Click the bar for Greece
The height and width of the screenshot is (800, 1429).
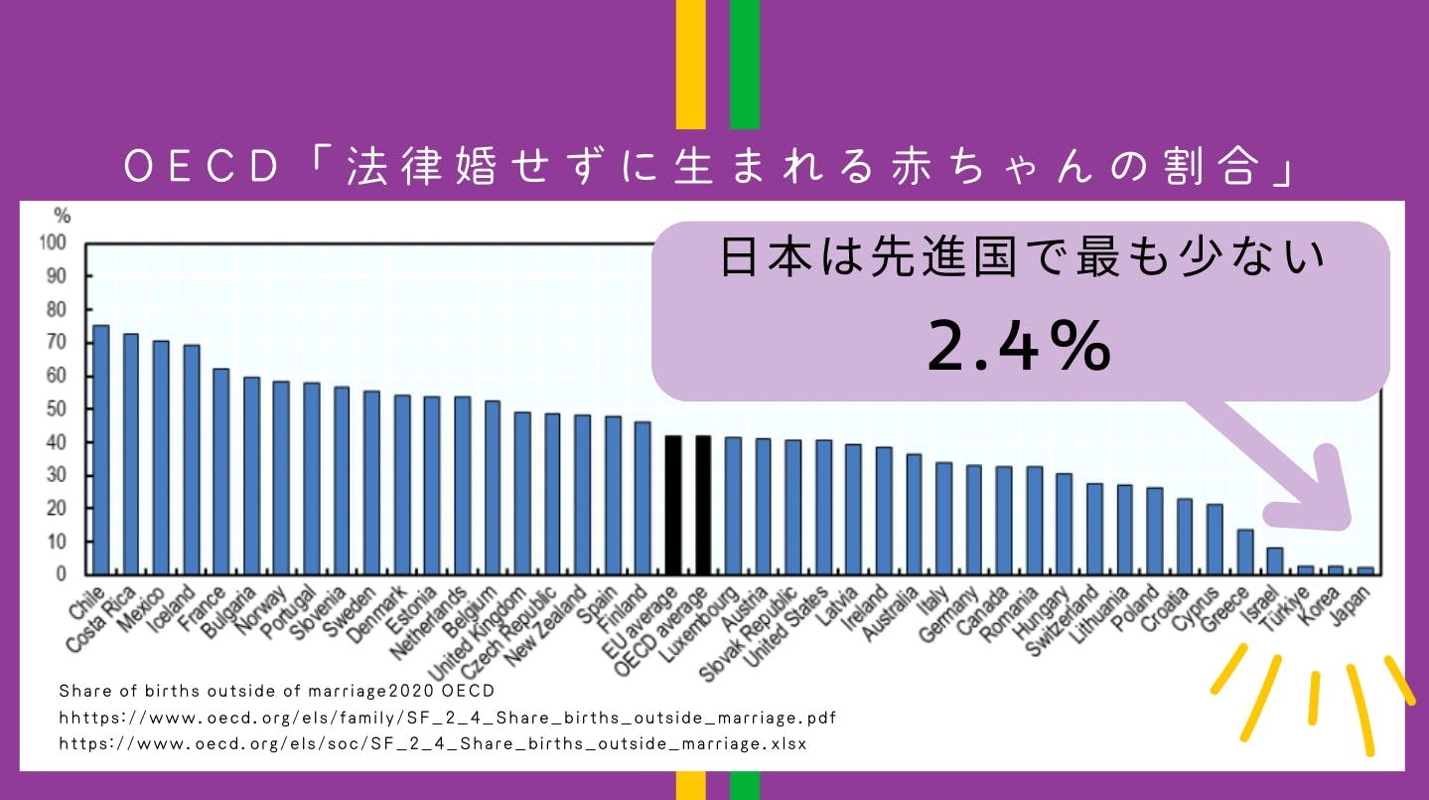click(x=1244, y=553)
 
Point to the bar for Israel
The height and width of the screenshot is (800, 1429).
click(x=1275, y=561)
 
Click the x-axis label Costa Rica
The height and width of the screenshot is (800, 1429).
click(x=102, y=622)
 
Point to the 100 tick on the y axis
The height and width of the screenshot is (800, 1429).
click(x=54, y=242)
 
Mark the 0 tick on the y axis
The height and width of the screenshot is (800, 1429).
click(x=62, y=574)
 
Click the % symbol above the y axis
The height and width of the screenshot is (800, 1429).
click(x=62, y=215)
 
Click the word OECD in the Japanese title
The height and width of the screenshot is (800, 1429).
click(x=204, y=168)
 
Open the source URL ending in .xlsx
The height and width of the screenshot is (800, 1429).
click(x=433, y=743)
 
